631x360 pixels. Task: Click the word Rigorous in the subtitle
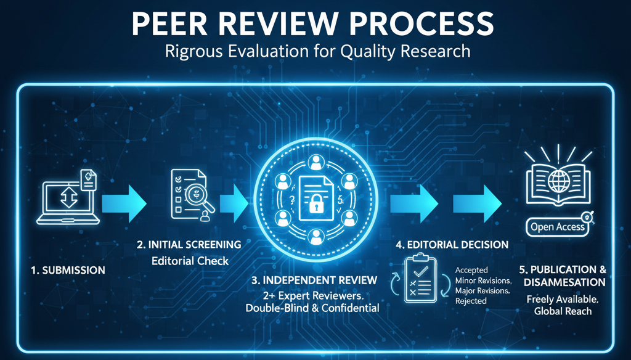[x=194, y=51]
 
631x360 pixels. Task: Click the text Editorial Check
[x=190, y=261]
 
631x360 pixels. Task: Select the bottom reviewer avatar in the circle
[x=315, y=237]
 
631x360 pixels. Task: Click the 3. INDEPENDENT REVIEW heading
[x=315, y=280]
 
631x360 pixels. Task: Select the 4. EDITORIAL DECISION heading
[x=452, y=245]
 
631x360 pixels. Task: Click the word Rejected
[x=471, y=301]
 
